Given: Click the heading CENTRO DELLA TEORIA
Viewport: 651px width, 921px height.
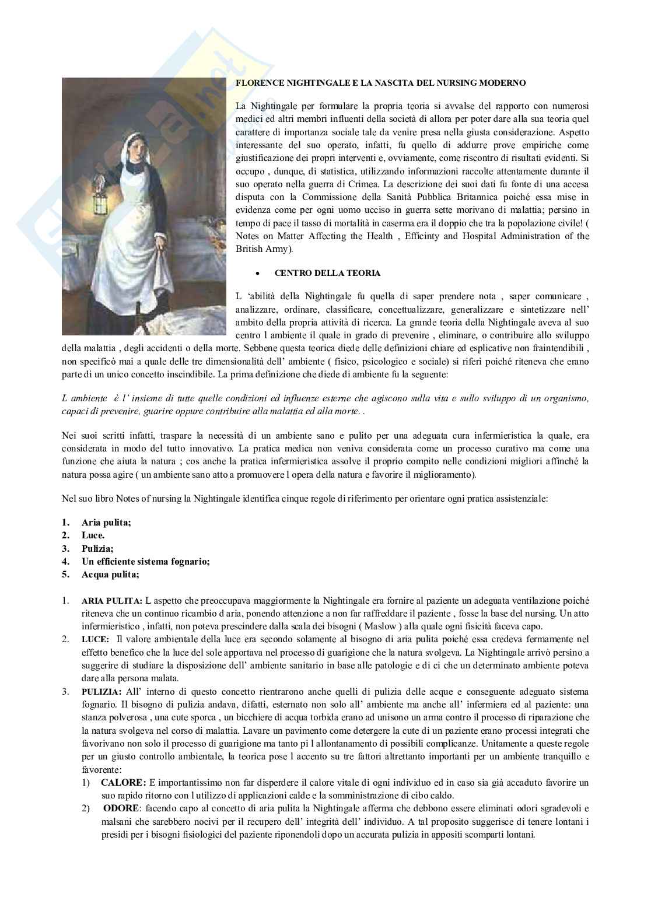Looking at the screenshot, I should (x=327, y=273).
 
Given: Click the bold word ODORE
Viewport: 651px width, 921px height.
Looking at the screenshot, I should (x=121, y=808).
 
